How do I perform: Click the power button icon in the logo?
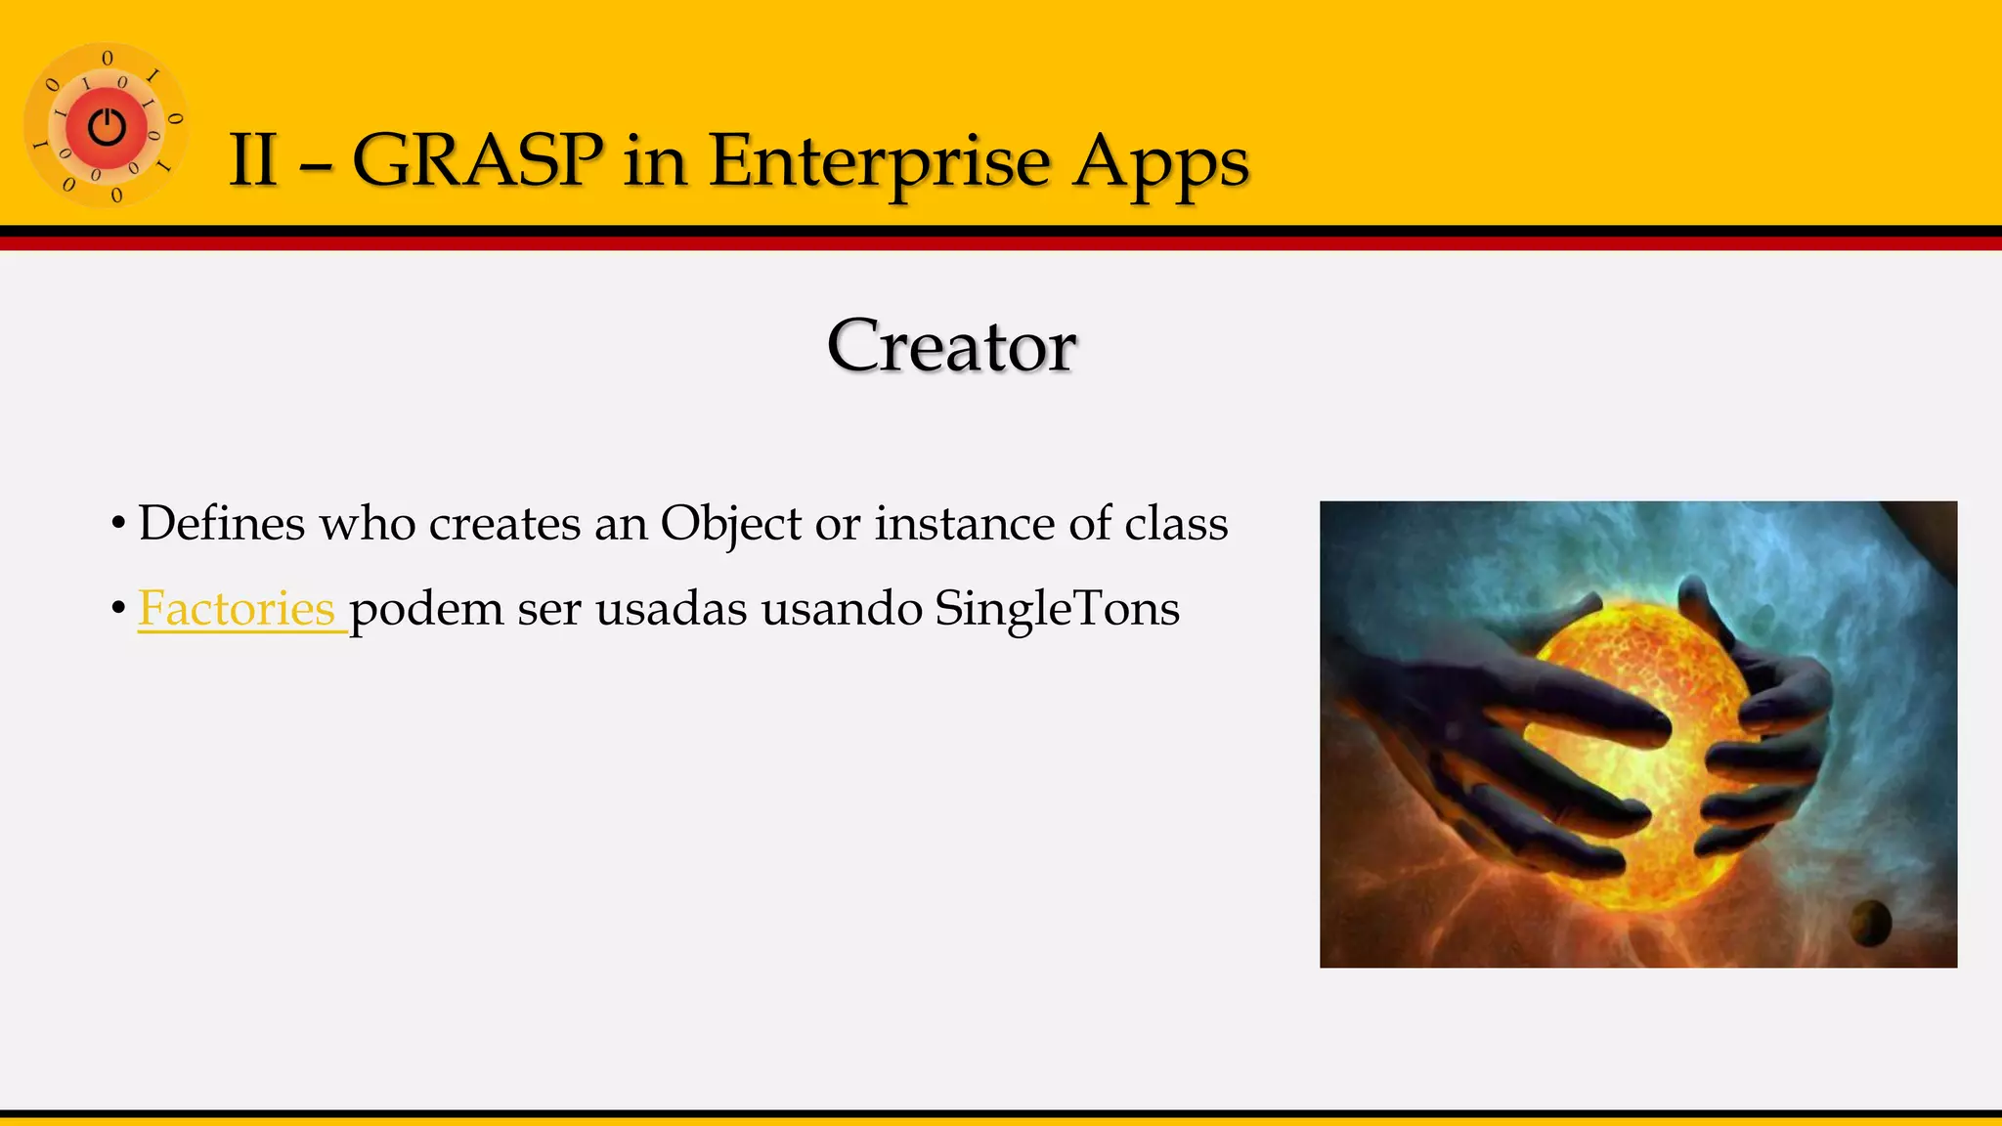tap(107, 127)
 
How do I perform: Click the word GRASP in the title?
tap(476, 160)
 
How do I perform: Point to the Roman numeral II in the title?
tap(253, 160)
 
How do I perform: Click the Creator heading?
tap(951, 346)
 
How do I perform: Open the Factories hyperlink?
tap(237, 609)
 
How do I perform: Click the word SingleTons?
tap(1057, 609)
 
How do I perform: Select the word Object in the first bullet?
tap(731, 524)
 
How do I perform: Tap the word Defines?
tap(222, 524)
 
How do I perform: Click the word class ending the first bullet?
tap(1176, 524)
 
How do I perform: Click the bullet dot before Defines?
tap(118, 525)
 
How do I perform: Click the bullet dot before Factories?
tap(118, 610)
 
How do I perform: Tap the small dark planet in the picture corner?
tap(1871, 922)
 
